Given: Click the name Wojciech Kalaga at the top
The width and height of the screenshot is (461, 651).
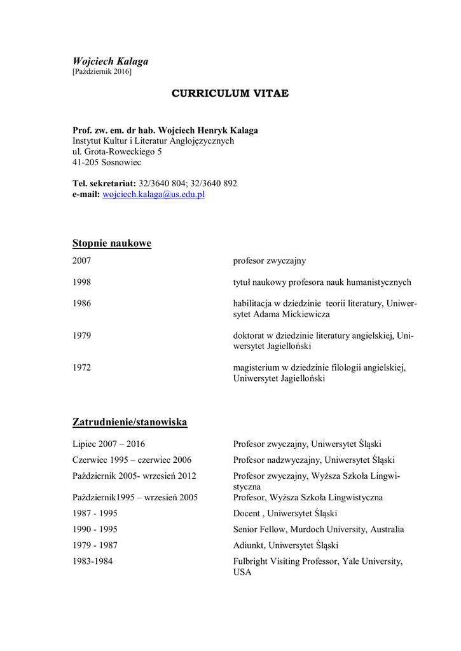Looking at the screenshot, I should pyautogui.click(x=110, y=62).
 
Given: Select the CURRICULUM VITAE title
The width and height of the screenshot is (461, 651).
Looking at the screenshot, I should pyautogui.click(x=230, y=93).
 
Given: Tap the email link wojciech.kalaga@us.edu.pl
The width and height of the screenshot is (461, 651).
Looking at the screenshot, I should pyautogui.click(x=153, y=195).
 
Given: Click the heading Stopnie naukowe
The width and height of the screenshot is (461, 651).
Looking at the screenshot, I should pyautogui.click(x=112, y=243).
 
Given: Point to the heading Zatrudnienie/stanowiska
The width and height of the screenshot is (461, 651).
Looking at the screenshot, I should pyautogui.click(x=130, y=422).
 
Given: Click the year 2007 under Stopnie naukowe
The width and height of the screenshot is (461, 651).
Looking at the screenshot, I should pyautogui.click(x=82, y=261).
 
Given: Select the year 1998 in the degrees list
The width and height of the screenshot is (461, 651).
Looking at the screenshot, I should pyautogui.click(x=82, y=282).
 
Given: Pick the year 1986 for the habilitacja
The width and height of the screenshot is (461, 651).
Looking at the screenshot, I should pyautogui.click(x=82, y=303).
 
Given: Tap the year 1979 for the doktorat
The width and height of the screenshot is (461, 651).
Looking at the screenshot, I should pyautogui.click(x=82, y=336).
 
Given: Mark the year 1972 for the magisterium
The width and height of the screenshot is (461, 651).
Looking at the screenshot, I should pyautogui.click(x=82, y=367).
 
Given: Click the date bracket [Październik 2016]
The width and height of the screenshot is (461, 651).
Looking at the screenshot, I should pyautogui.click(x=102, y=72).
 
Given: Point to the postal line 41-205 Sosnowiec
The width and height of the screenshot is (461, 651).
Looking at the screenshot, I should pyautogui.click(x=107, y=163).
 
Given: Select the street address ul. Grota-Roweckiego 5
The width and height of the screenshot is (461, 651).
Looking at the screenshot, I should pyautogui.click(x=117, y=152).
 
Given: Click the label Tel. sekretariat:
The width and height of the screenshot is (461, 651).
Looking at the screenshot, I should pyautogui.click(x=104, y=184).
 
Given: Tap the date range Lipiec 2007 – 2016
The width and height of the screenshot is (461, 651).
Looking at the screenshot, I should pyautogui.click(x=109, y=444).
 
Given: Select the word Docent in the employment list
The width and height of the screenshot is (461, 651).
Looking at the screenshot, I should pyautogui.click(x=246, y=514).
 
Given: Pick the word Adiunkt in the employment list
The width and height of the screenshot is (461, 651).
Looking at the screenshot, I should pyautogui.click(x=249, y=545).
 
